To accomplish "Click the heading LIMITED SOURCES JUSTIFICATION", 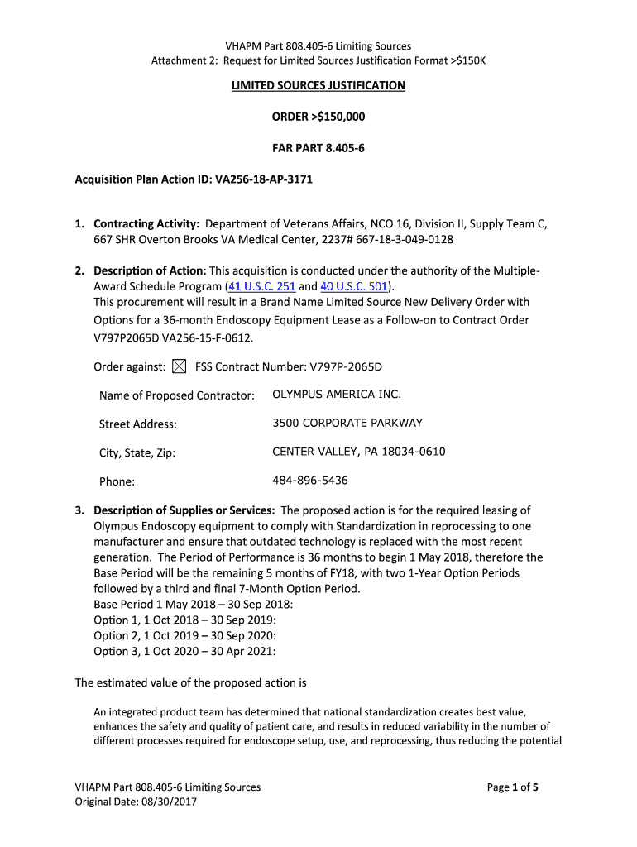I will (x=318, y=85).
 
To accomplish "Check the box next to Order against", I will (x=180, y=366).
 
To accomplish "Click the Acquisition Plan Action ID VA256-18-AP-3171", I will (x=264, y=179).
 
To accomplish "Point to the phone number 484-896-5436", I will (x=309, y=481).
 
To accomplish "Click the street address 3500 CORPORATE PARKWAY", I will (x=347, y=423).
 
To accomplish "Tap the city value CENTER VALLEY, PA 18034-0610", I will (x=358, y=452).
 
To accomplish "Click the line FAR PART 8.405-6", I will (x=318, y=148).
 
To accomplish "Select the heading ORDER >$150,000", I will (x=318, y=117).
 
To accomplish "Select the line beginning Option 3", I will (x=184, y=651).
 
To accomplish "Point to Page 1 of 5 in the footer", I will (x=512, y=787).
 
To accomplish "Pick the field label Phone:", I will (x=117, y=481).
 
